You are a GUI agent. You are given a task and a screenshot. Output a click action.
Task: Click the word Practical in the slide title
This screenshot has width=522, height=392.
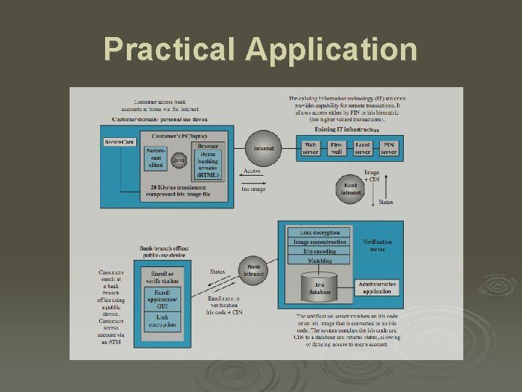coord(172,49)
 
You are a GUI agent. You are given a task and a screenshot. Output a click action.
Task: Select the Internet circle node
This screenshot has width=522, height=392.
coord(263,149)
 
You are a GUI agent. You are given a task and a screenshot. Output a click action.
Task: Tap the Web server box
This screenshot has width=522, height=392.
coord(310,148)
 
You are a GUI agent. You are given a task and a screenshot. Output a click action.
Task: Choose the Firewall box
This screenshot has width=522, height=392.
coord(336,148)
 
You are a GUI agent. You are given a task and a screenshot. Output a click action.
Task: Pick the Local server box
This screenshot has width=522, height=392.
coord(362,148)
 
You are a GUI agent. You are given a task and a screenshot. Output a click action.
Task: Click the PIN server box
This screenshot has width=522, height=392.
coord(389,148)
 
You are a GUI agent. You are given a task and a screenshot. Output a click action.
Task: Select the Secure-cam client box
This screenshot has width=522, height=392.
coord(156,159)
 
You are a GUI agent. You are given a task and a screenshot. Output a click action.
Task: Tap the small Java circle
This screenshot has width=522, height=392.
coord(178,160)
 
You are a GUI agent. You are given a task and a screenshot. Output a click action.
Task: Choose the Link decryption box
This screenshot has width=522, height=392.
coord(320,232)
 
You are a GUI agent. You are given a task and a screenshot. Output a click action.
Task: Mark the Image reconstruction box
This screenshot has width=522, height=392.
coord(320,242)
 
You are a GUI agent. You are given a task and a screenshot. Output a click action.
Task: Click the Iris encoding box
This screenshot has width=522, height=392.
coord(320,251)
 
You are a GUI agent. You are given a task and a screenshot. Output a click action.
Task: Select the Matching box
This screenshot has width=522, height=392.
coord(320,261)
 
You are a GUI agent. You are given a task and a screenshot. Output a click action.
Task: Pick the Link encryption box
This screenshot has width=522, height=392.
coord(162,322)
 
